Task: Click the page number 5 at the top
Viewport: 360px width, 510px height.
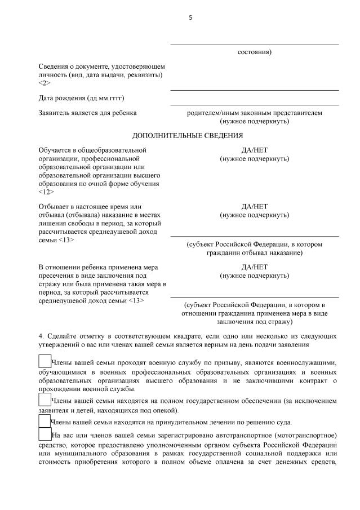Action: (x=190, y=17)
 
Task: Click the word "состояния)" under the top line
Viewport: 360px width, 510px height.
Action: (x=254, y=52)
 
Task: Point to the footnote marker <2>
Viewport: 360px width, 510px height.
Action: (x=45, y=83)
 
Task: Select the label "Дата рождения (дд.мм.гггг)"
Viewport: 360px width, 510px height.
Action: (x=81, y=98)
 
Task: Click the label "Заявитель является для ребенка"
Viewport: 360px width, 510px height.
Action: (x=87, y=113)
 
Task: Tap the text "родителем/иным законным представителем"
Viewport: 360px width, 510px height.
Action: (x=254, y=113)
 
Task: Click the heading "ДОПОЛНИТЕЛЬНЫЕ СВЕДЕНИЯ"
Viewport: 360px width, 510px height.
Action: (x=188, y=135)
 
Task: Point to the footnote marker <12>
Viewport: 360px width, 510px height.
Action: (x=46, y=192)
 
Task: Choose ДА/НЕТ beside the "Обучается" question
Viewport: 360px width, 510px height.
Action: (x=254, y=150)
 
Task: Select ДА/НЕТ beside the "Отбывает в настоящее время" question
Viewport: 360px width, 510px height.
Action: (x=254, y=207)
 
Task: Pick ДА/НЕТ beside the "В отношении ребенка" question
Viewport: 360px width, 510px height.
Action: (x=254, y=267)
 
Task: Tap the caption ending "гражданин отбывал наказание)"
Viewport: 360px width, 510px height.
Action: (x=254, y=253)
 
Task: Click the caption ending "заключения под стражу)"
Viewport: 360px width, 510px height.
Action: (x=254, y=322)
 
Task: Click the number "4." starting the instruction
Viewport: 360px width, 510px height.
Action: (x=42, y=336)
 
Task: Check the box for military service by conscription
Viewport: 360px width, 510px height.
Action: (x=45, y=361)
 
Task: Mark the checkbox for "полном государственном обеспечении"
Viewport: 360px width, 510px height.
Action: (x=45, y=400)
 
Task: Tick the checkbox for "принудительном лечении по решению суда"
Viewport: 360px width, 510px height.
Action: (x=45, y=422)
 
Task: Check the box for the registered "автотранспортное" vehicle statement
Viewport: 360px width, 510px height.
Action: (x=45, y=434)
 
